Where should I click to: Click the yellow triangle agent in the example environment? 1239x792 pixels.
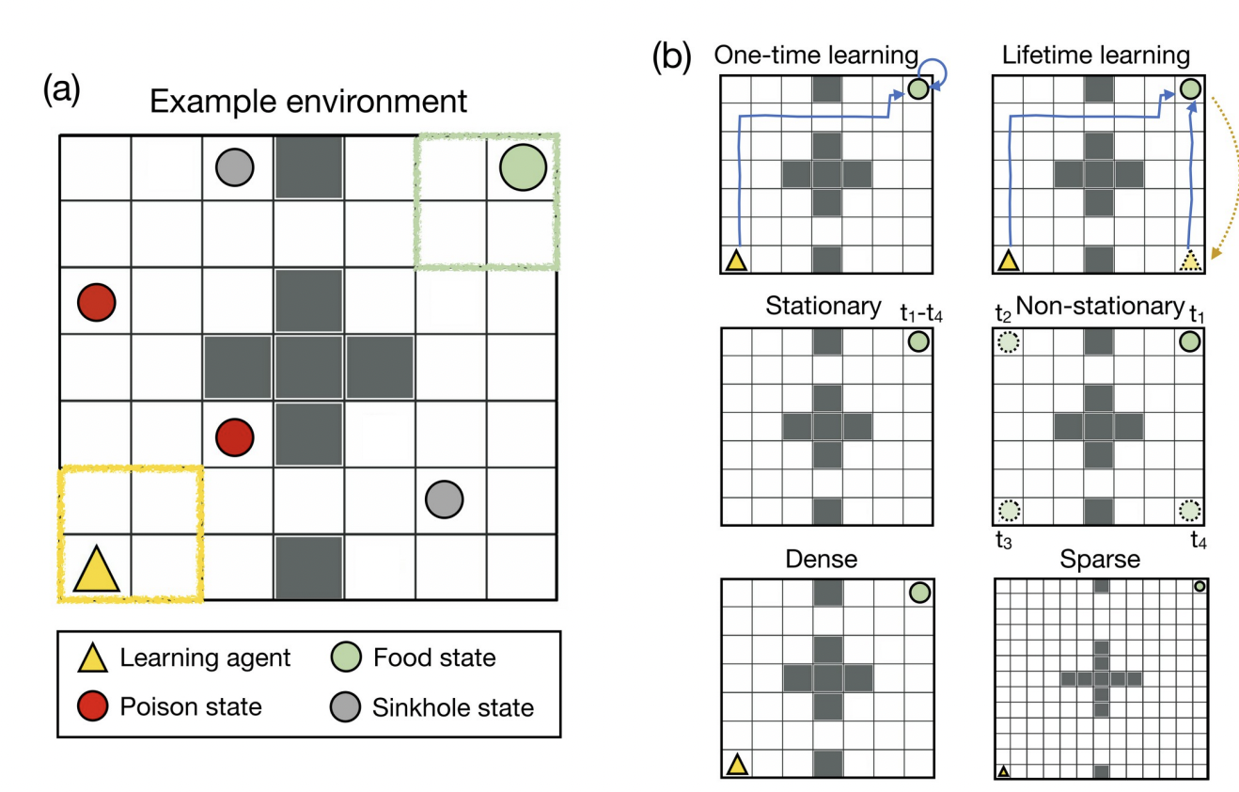coord(96,570)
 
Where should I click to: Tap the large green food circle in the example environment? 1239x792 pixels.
coord(523,167)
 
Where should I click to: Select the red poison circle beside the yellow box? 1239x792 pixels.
coord(234,437)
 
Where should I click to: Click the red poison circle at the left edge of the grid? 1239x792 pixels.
coord(96,302)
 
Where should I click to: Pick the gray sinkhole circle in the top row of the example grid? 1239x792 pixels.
coord(234,167)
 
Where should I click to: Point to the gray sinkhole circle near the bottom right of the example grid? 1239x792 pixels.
coord(444,499)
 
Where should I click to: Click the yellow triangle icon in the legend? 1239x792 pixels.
coord(92,658)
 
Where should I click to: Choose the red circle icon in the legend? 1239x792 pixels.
coord(92,705)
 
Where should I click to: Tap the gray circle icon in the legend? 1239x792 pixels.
coord(345,706)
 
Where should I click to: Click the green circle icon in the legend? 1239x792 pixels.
coord(346,657)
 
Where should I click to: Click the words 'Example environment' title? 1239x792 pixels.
coord(308,102)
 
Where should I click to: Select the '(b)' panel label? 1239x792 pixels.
coord(671,56)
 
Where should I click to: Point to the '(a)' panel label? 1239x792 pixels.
coord(62,88)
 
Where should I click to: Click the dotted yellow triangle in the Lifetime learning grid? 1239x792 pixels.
coord(1190,261)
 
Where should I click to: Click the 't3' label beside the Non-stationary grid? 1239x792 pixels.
coord(1003,540)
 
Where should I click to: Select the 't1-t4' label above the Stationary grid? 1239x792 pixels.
coord(921,313)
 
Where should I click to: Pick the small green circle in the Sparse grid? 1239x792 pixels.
coord(1200,586)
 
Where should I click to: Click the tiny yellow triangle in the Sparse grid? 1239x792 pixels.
coord(1003,770)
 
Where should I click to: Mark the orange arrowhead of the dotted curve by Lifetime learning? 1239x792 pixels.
coord(1215,253)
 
